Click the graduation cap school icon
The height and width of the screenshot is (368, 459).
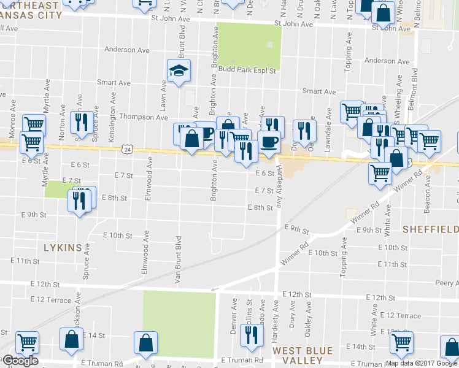(x=179, y=71)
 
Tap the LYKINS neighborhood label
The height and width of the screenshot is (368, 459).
(x=63, y=247)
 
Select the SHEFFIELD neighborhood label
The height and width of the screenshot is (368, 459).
(x=430, y=229)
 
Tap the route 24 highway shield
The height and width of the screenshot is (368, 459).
(x=126, y=149)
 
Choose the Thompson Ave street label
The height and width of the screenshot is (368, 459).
(x=144, y=117)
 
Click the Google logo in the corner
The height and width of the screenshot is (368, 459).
(x=20, y=361)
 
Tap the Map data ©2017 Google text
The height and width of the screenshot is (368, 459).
(x=421, y=363)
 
